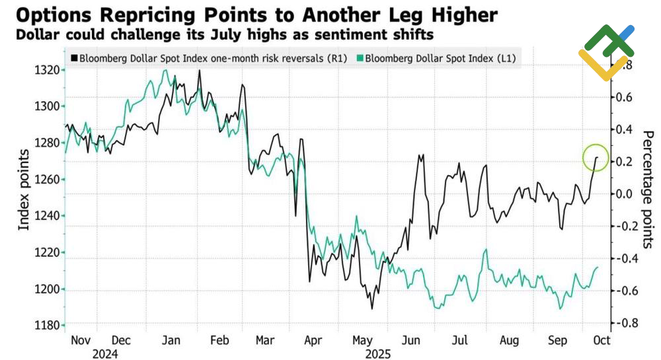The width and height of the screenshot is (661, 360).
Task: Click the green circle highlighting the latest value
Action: click(596, 158)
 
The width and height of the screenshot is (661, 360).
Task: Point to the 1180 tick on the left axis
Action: click(50, 325)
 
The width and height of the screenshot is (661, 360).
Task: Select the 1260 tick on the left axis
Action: click(50, 179)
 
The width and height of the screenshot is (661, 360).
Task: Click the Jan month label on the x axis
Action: click(171, 340)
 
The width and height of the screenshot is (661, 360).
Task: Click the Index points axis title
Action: click(24, 190)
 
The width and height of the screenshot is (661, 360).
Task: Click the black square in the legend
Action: click(74, 57)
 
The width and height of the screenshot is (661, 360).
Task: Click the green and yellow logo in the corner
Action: click(607, 52)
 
